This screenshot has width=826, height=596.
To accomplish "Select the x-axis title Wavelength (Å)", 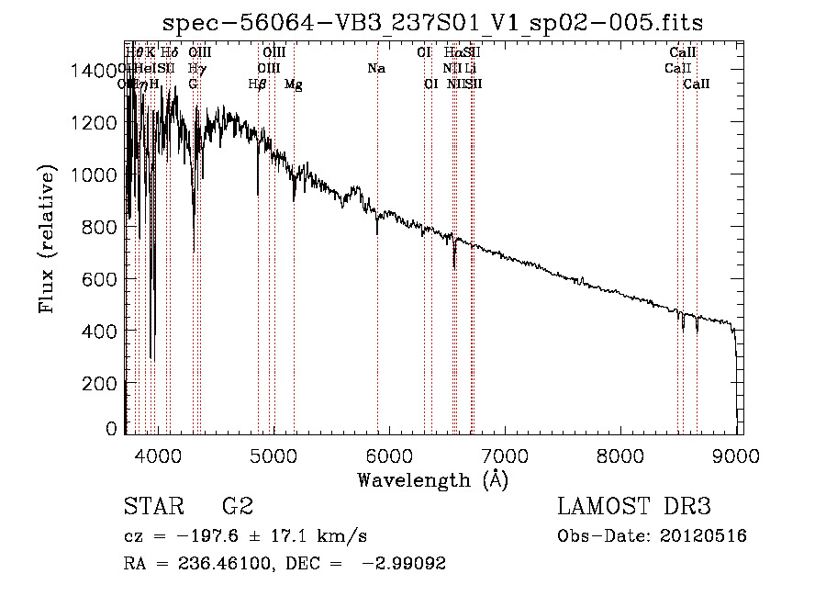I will (432, 479).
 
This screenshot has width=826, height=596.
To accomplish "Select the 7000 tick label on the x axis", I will (505, 455).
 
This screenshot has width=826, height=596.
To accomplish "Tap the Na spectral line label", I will (376, 69).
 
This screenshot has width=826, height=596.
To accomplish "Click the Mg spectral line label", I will (294, 84).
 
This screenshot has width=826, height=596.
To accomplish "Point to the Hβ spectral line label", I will (258, 84).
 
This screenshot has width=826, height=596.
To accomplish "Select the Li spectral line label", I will (470, 69).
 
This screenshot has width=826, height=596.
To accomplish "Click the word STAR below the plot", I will (151, 507).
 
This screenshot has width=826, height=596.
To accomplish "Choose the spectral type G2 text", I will (237, 507).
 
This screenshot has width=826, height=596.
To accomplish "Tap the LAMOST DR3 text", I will (633, 507).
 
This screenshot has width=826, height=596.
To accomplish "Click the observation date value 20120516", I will (702, 536).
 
